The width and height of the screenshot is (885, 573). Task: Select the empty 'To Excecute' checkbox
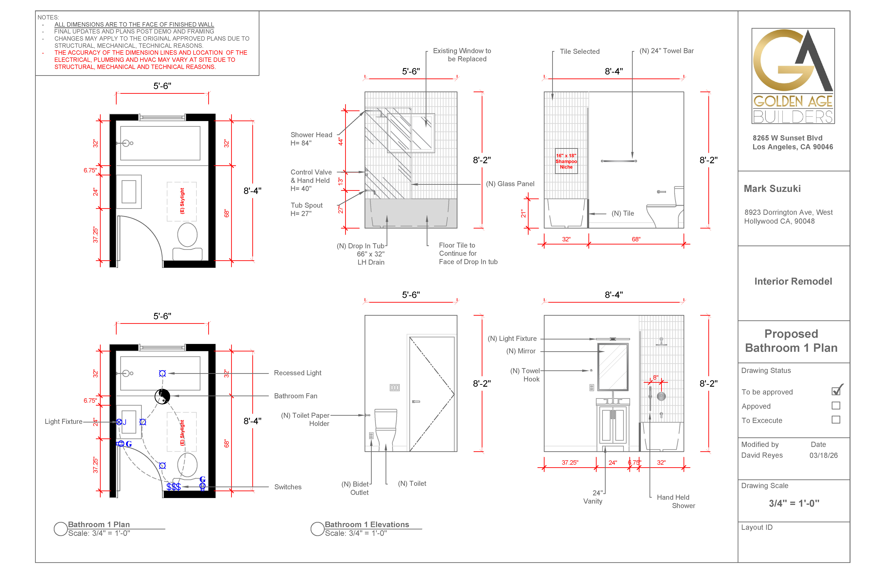point(836,420)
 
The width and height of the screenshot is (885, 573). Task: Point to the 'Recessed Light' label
point(297,373)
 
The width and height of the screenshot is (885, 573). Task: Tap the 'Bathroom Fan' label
point(296,396)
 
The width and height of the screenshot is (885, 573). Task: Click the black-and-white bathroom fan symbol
point(162,396)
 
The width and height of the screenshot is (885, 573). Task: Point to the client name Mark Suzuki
point(772,189)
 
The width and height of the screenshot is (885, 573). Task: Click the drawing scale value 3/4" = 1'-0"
point(794,503)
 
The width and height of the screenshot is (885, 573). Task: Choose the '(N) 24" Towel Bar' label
point(666,51)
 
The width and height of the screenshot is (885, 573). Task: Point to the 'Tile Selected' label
point(580,51)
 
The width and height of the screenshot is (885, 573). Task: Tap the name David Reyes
point(762,455)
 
